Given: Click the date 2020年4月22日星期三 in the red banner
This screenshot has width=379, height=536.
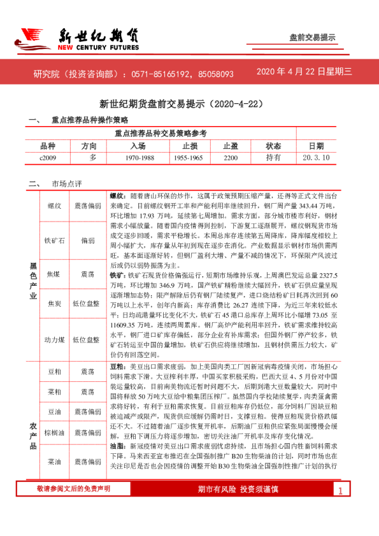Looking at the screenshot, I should point(304,73).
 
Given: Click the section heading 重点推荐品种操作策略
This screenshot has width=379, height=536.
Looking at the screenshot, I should point(90,120).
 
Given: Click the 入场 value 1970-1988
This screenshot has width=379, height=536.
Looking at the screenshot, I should point(139,157).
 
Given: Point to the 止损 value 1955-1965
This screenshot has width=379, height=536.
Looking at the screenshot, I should point(188,157).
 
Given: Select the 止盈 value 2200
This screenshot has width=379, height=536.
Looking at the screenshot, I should point(231,157).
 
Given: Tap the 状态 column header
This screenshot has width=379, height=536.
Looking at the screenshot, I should point(273,146).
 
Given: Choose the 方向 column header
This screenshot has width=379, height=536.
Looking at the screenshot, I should point(90,146).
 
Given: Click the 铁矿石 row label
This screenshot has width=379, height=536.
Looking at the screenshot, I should point(54,241).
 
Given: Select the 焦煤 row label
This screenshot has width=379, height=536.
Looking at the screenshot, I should point(54,274).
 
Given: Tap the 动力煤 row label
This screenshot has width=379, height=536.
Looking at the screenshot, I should point(54,340).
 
